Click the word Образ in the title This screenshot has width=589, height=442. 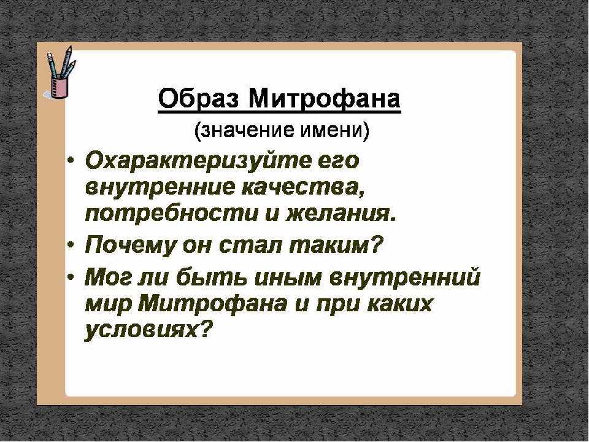pos(199,98)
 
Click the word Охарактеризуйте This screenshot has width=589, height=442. pos(198,161)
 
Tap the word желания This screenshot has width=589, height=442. pos(341,215)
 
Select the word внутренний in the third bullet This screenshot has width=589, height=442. pos(404,277)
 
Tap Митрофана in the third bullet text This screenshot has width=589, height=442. pos(213,304)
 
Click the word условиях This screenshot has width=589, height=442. pos(147,330)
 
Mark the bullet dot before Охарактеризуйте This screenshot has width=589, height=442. pos(71,161)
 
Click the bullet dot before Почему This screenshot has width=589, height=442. pos(71,245)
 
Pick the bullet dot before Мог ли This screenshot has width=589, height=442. pos(71,277)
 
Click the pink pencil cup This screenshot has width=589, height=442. pos(60,87)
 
